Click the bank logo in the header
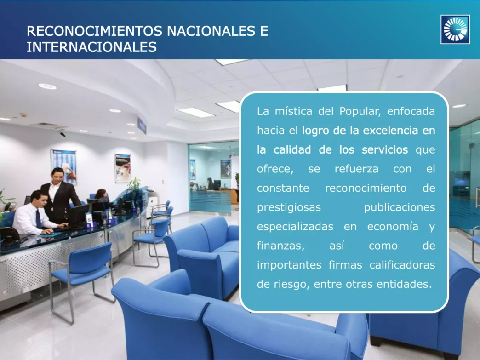pos(455,29)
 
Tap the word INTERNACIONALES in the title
pos(91,47)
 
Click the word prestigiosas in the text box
pos(289,207)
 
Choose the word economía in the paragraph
pos(393,227)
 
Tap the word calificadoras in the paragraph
pos(405,265)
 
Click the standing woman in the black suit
pos(59,193)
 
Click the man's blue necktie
pos(39,218)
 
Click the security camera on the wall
pos(62,134)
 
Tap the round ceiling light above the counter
pos(47,86)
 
